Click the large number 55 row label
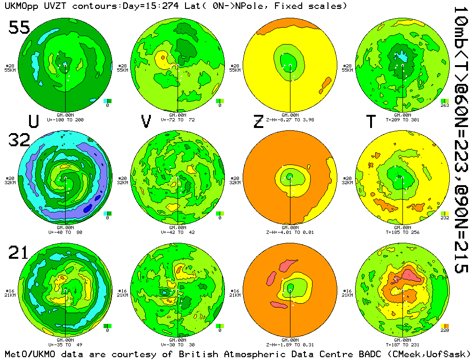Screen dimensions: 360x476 [19, 28]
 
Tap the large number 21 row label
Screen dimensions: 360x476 [19, 253]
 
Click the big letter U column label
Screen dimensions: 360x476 [33, 122]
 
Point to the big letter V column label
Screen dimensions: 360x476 [146, 122]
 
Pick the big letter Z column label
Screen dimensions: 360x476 [258, 122]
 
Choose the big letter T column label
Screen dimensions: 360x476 [371, 122]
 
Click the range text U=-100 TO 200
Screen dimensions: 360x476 [65, 120]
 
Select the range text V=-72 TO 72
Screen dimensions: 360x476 [178, 120]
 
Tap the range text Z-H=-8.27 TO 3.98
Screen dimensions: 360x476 [290, 120]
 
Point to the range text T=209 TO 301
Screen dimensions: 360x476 [402, 120]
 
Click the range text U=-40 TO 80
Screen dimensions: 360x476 [65, 232]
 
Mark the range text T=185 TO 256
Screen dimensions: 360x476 [402, 232]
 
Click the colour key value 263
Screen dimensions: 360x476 [445, 105]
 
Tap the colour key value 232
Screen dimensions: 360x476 [445, 218]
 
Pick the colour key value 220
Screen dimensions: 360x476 [445, 330]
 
